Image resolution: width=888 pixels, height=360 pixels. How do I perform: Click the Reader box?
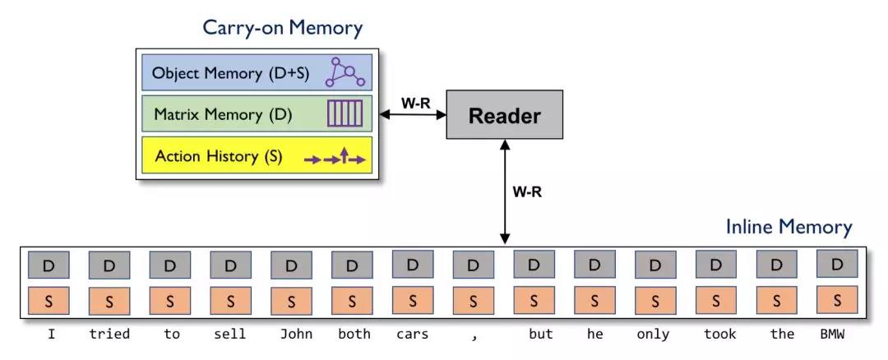pos(504,115)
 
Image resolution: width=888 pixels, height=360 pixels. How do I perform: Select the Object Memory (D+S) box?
pos(256,72)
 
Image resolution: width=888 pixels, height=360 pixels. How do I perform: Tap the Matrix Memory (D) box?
pos(256,114)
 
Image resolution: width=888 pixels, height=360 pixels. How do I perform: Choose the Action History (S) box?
pos(256,156)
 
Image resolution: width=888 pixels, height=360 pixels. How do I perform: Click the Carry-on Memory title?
pos(283,27)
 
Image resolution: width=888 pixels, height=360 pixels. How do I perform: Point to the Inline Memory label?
pos(789,227)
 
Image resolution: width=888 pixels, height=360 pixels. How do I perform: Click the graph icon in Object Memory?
pos(345,72)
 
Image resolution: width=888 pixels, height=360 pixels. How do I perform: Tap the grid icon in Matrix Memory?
pos(345,114)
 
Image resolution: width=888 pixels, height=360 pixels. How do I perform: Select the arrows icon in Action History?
pos(335,156)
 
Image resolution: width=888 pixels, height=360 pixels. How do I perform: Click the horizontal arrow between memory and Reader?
pos(410,115)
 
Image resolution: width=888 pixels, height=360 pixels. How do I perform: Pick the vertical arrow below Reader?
pos(504,192)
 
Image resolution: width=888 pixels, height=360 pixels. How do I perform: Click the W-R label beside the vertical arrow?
pos(527,192)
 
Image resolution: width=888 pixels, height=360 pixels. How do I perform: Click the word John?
pos(291,334)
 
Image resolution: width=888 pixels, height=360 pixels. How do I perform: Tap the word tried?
pos(109,334)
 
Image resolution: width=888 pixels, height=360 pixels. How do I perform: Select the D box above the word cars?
pos(413,265)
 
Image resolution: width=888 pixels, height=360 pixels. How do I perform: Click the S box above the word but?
pos(534,300)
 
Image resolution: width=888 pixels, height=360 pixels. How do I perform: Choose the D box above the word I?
pos(49,265)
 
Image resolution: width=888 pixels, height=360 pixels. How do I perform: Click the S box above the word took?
pos(716,300)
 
